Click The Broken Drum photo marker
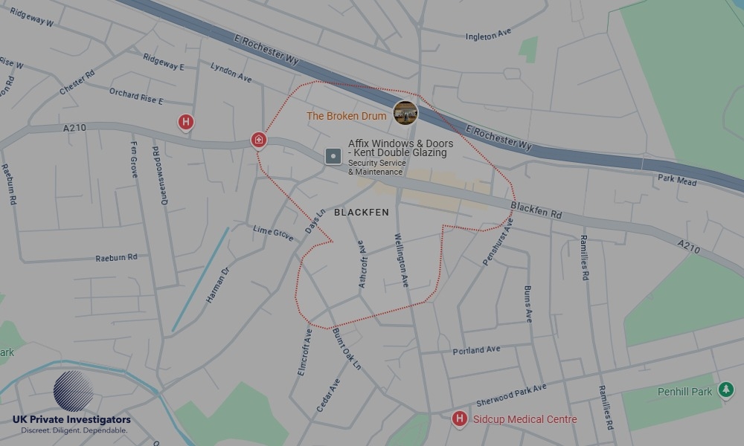click(405, 113)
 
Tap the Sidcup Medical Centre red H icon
click(460, 418)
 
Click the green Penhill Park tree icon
click(725, 390)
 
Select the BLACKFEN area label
click(362, 213)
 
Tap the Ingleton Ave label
click(489, 35)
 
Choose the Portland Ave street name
click(476, 350)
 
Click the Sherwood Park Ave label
click(511, 392)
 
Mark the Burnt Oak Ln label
click(347, 349)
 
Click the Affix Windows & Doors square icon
click(333, 156)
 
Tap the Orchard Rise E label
click(135, 96)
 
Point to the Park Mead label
click(677, 179)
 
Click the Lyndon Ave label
click(231, 71)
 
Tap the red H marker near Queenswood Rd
click(186, 121)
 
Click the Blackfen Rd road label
click(536, 211)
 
